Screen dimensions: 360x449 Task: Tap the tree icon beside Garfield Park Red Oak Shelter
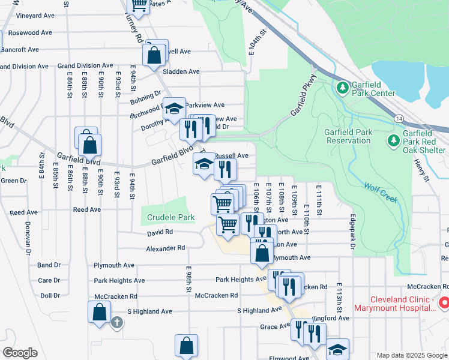[393, 140]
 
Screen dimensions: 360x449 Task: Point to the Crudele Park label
[168, 217]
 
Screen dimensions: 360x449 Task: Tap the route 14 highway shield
[399, 119]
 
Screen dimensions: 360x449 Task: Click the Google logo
[20, 352]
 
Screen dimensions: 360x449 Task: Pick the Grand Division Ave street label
[85, 66]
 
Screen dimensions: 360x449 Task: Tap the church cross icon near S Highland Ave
[117, 323]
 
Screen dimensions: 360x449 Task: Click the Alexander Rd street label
[165, 248]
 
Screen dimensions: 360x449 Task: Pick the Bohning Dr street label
[145, 94]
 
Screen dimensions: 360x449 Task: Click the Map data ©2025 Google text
[411, 355]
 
